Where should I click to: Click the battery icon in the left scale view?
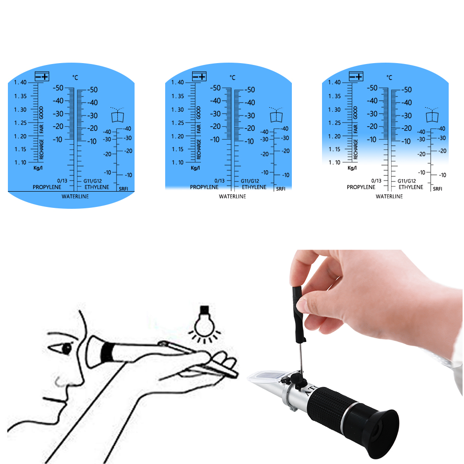tap(42, 77)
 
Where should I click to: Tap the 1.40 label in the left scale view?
tap(20, 83)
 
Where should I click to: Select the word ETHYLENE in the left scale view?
tap(97, 187)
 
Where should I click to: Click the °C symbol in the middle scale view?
tap(232, 77)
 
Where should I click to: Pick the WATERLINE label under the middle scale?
tap(232, 196)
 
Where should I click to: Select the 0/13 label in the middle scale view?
tap(219, 181)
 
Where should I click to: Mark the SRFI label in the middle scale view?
tap(281, 189)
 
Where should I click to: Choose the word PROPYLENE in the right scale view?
tap(361, 187)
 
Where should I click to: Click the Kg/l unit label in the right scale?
tap(352, 168)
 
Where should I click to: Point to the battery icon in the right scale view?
tap(356, 77)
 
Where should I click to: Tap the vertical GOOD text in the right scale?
tap(355, 111)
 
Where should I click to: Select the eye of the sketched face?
tap(66, 348)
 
